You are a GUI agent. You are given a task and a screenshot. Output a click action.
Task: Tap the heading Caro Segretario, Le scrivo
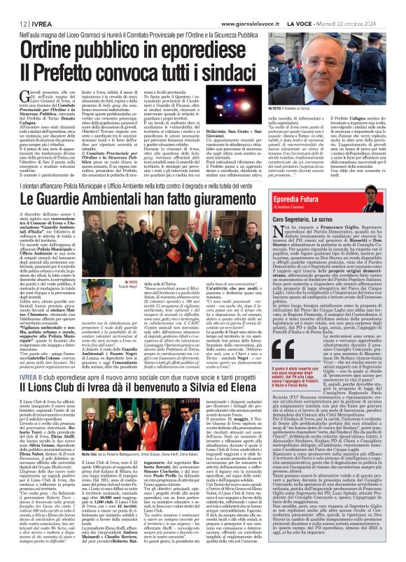click(x=324, y=217)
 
